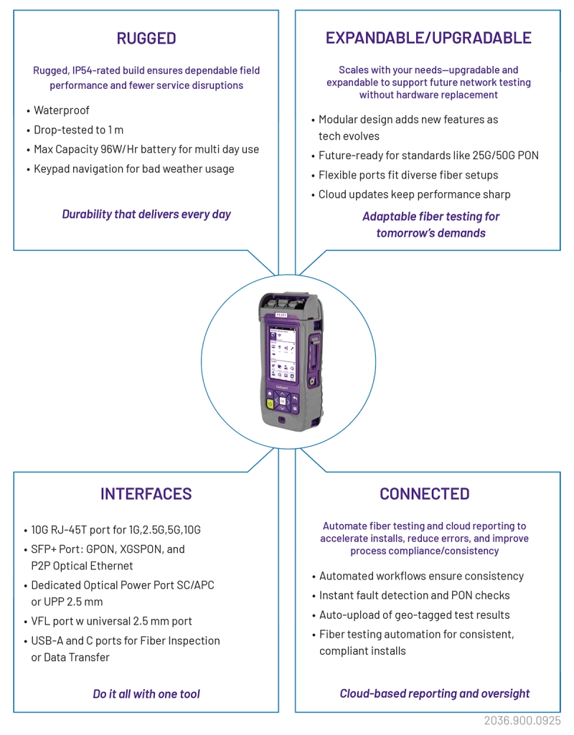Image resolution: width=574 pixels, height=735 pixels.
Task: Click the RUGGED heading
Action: (x=146, y=38)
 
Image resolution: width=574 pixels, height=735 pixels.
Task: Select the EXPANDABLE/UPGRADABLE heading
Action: (x=428, y=38)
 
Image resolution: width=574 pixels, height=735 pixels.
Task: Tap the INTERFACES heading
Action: (x=146, y=493)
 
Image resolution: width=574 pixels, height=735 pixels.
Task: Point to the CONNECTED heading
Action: (x=425, y=493)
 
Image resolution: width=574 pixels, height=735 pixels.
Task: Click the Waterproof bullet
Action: (x=62, y=110)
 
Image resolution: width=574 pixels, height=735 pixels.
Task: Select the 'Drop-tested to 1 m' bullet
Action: (x=79, y=130)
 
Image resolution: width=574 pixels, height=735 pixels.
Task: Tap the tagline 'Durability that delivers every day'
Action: (x=146, y=214)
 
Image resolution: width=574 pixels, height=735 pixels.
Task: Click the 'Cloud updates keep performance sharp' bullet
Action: (x=415, y=194)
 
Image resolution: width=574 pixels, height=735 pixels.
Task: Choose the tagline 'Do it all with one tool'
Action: (x=146, y=693)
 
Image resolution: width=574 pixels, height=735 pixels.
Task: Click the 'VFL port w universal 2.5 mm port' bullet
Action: (x=112, y=621)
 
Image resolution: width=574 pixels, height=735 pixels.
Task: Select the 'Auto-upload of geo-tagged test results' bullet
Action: (x=415, y=615)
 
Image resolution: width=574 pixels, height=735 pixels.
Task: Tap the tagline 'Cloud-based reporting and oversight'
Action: (x=435, y=693)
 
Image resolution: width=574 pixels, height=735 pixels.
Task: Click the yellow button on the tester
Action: (x=270, y=404)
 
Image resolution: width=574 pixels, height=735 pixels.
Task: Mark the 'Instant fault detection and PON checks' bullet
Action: (x=415, y=595)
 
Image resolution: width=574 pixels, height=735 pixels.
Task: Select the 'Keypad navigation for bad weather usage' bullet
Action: (x=134, y=169)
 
